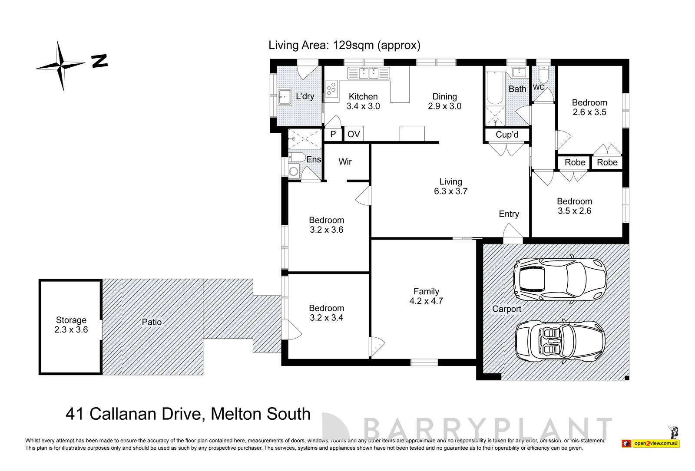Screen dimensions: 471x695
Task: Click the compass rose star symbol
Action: pos(61,66)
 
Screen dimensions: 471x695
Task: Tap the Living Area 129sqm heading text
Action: pos(344,45)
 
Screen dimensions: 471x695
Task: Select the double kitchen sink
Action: pos(368,73)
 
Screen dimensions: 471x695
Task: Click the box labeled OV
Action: pos(354,134)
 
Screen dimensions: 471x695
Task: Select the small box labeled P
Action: pos(333,134)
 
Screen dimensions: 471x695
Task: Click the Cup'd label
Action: pos(507,135)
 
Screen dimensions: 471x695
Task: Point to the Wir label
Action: pos(345,161)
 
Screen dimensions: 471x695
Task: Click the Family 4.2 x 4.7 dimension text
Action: pos(426,301)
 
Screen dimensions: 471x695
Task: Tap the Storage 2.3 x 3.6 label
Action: pos(71,325)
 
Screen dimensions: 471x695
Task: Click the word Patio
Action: pos(152,322)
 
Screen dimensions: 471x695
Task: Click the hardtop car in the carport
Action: pos(559,279)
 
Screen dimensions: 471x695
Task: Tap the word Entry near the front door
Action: pos(509,214)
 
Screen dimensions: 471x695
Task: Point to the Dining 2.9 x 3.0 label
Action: pos(444,101)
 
